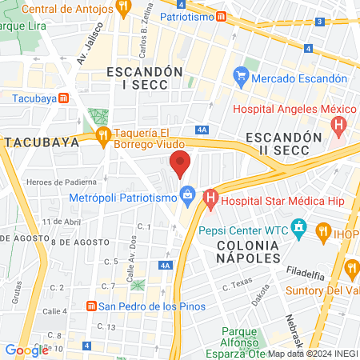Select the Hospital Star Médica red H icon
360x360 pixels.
click(x=210, y=196)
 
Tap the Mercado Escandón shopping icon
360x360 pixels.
click(x=240, y=78)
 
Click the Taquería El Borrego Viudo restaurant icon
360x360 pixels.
click(x=102, y=137)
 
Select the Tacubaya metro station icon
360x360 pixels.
click(x=63, y=98)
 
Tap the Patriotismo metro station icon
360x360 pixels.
click(x=221, y=16)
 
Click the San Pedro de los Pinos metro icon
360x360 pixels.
click(x=91, y=306)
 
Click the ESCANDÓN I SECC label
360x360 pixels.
click(x=139, y=78)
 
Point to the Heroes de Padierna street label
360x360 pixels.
click(x=56, y=182)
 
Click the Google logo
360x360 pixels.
click(x=26, y=350)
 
